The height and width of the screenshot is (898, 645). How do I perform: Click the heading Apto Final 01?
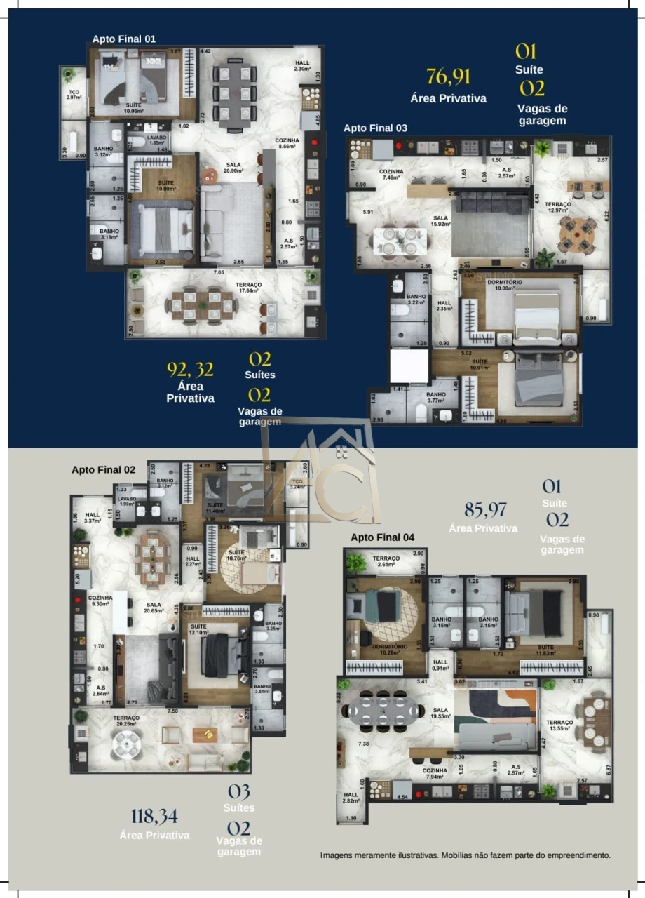tap(124, 39)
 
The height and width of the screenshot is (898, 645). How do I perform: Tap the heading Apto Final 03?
tap(375, 128)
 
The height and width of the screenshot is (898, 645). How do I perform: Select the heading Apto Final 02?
tap(103, 469)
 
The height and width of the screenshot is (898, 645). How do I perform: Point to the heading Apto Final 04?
tap(382, 537)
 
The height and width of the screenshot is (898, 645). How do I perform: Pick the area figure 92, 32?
tap(190, 369)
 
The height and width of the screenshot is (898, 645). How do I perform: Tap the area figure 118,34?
tap(154, 816)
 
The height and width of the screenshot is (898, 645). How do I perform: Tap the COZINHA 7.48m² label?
tap(391, 174)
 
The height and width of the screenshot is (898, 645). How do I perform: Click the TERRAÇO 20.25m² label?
tap(127, 721)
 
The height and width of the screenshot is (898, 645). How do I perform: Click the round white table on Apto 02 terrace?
tap(128, 746)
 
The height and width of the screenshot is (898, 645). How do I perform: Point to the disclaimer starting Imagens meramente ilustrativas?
tap(466, 855)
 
